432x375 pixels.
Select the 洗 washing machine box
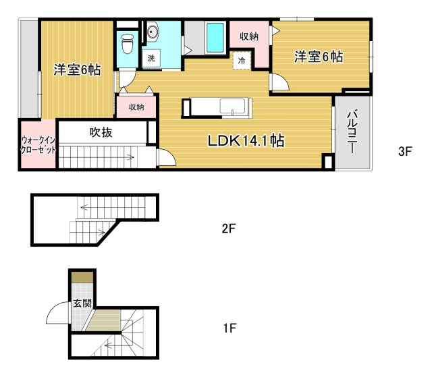pos(151,59)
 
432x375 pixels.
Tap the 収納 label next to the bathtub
pos(249,36)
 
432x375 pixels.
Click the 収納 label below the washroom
pos(136,107)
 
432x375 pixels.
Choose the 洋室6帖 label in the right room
pos(318,57)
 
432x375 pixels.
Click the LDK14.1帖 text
pos(245,141)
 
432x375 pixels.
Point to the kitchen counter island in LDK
pos(216,108)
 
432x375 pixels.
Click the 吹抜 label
pos(101,132)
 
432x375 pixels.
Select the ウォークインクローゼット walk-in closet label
pos(37,145)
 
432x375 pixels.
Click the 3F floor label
pos(404,152)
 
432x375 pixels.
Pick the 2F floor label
pos(228,228)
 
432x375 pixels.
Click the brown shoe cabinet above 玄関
pos(82,277)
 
